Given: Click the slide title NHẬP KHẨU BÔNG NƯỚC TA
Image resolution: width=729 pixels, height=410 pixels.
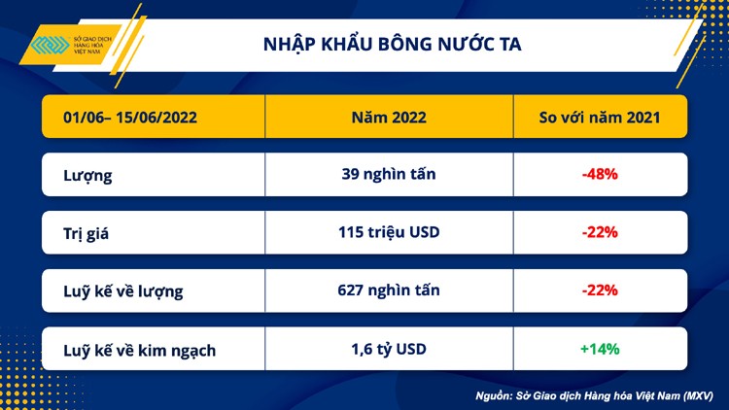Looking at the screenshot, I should pos(392,45).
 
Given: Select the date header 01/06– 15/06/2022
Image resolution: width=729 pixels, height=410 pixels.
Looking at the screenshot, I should pos(131,119).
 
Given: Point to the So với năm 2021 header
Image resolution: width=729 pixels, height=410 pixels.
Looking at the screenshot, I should pos(600,119).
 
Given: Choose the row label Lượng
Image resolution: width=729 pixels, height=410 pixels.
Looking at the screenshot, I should pos(87,176).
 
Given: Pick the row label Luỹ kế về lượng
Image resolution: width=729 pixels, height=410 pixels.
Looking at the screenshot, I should pos(123,290).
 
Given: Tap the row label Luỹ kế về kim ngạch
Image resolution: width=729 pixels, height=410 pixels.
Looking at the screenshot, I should pos(140,349).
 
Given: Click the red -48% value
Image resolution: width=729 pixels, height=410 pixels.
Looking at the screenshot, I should pos(600,175).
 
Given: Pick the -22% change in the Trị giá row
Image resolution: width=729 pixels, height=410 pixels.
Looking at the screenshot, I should pos(600,233).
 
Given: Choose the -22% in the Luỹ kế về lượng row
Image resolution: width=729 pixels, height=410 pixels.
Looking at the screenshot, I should pos(600,290).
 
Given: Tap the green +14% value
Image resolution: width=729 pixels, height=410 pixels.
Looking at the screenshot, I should pos(600,349).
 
